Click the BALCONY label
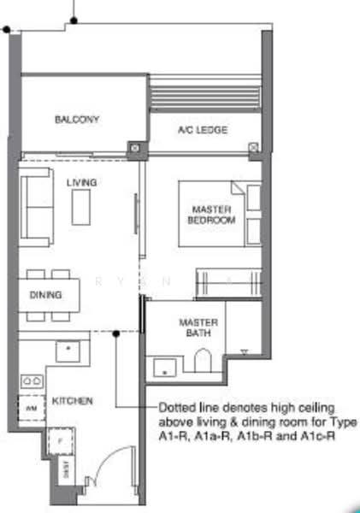point(78,119)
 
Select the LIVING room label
point(82,182)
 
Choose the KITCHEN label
point(72,400)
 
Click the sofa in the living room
point(37,205)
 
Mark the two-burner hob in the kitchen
point(32,380)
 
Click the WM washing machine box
point(29,410)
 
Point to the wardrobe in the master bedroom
point(227,280)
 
